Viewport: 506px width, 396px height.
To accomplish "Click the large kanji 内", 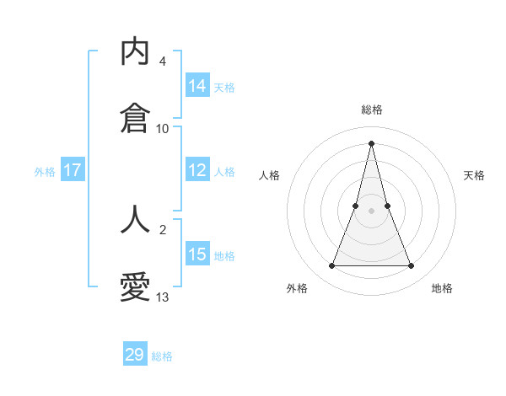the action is (x=135, y=52).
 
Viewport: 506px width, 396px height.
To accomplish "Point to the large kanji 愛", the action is (x=135, y=287).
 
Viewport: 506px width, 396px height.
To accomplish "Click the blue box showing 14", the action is (x=197, y=86).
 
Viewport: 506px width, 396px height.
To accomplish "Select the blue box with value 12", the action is (x=197, y=170).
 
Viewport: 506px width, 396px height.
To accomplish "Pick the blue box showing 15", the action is (x=197, y=254).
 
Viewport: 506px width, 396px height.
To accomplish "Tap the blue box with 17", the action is (x=73, y=170).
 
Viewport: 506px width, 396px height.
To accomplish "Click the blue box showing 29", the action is (x=135, y=355).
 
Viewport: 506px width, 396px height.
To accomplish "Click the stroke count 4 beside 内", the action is (x=162, y=62).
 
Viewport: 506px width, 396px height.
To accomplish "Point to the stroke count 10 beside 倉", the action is (x=163, y=129).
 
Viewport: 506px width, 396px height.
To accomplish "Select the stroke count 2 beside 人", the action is (x=162, y=229).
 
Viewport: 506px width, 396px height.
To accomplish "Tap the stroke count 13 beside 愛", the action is (x=163, y=297).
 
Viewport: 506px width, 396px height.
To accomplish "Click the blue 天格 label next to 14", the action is (x=224, y=87).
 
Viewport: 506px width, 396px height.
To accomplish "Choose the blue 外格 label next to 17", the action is (x=45, y=171).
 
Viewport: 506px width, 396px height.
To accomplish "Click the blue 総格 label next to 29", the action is (x=162, y=356).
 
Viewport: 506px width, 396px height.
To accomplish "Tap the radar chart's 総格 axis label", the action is (x=372, y=110).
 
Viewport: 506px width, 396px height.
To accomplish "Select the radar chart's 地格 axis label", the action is (x=442, y=288).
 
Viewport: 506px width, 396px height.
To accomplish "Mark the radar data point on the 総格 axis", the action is (x=371, y=142).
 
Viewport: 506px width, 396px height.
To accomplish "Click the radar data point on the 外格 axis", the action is (x=331, y=266).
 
